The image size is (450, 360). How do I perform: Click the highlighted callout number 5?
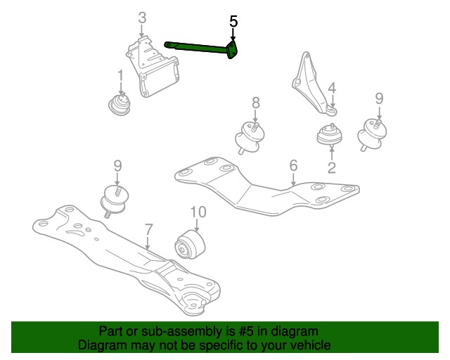click(x=233, y=22)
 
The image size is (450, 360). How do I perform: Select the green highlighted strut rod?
click(x=201, y=48)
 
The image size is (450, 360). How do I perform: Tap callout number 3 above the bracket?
click(x=142, y=18)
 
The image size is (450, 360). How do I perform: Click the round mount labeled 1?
click(x=120, y=105)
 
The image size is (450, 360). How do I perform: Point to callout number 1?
click(x=120, y=75)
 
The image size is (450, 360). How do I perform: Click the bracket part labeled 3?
click(x=153, y=67)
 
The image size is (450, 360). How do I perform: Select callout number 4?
click(x=332, y=88)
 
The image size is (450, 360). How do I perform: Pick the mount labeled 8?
click(x=250, y=138)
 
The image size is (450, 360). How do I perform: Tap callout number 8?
click(x=255, y=103)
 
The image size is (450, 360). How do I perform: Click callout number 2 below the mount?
click(x=331, y=167)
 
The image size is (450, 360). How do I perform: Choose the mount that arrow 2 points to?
click(x=329, y=134)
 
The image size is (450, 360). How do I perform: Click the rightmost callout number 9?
click(x=379, y=98)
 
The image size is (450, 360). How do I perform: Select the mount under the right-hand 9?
click(x=372, y=134)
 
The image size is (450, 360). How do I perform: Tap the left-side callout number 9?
click(x=117, y=166)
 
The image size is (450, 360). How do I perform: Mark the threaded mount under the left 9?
click(x=114, y=201)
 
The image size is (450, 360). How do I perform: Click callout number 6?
click(x=293, y=166)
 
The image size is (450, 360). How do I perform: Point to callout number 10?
click(x=198, y=212)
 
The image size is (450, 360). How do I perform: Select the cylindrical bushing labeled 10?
click(x=190, y=244)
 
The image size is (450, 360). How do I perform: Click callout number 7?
click(x=148, y=230)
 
